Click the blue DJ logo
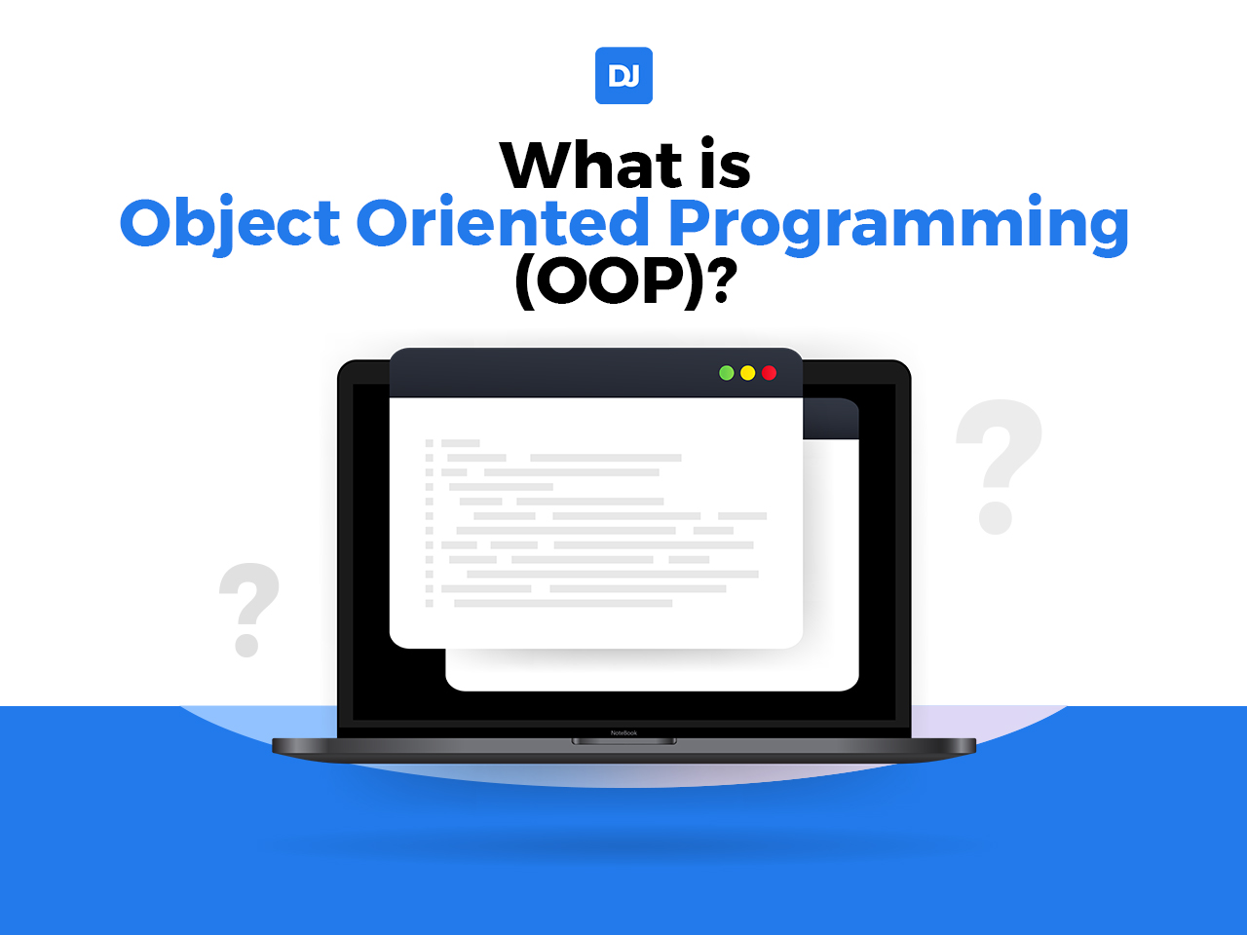click(623, 76)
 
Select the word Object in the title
click(230, 223)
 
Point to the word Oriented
click(503, 223)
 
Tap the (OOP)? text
click(623, 281)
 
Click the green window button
click(726, 373)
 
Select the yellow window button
click(747, 373)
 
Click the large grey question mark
click(998, 466)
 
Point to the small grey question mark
click(248, 609)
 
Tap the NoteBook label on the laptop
click(623, 732)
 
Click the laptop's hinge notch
click(623, 742)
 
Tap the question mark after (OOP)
click(721, 282)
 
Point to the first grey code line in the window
click(461, 443)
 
